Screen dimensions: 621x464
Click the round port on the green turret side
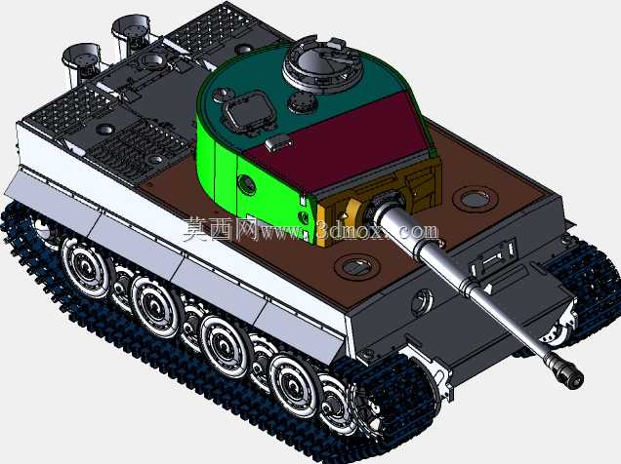point(246,184)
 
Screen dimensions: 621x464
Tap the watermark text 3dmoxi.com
point(377,231)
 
